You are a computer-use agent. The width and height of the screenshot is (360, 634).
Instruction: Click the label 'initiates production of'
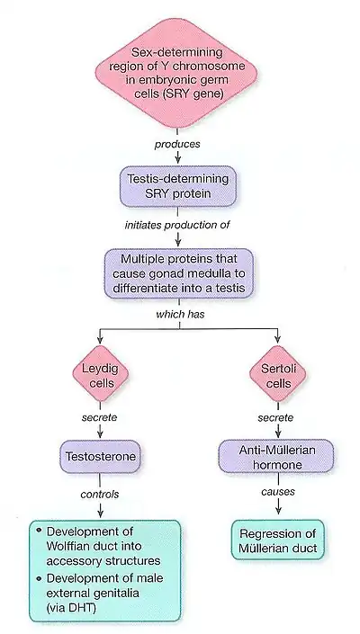click(179, 224)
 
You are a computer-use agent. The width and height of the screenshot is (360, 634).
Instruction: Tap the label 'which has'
click(179, 317)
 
